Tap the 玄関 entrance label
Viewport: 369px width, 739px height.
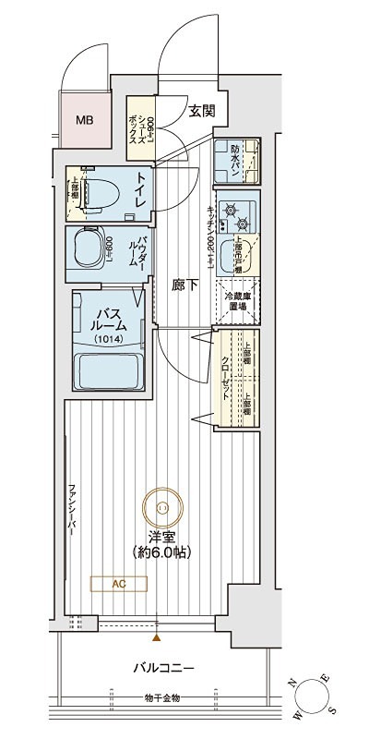pos(202,110)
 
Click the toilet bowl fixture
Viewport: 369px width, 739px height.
pos(96,192)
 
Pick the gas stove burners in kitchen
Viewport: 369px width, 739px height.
pos(237,214)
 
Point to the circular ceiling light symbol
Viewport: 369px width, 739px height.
pos(162,505)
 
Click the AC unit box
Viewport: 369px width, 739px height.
pos(120,583)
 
